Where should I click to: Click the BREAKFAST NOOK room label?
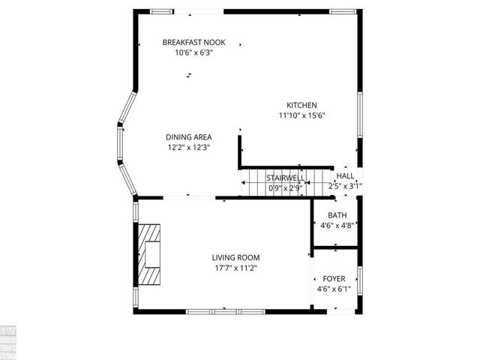pos(193,43)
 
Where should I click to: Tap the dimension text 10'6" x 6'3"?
pos(193,53)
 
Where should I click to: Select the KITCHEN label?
pos(301,105)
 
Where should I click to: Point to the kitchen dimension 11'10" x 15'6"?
pos(301,115)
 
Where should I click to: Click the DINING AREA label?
pos(188,137)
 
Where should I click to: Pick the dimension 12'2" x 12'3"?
pos(188,148)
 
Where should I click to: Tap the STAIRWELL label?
pos(284,178)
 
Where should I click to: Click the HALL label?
pos(345,175)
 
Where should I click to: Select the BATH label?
pos(337,214)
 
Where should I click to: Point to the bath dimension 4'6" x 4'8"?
pos(337,225)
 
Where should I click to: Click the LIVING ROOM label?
pos(235,257)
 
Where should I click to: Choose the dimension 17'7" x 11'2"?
pos(235,268)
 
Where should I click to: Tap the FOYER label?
pos(334,277)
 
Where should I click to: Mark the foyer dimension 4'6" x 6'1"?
pos(334,288)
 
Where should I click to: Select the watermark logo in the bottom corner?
pos(9,341)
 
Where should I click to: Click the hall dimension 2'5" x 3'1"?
pos(345,186)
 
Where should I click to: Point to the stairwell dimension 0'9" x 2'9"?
pos(284,188)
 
